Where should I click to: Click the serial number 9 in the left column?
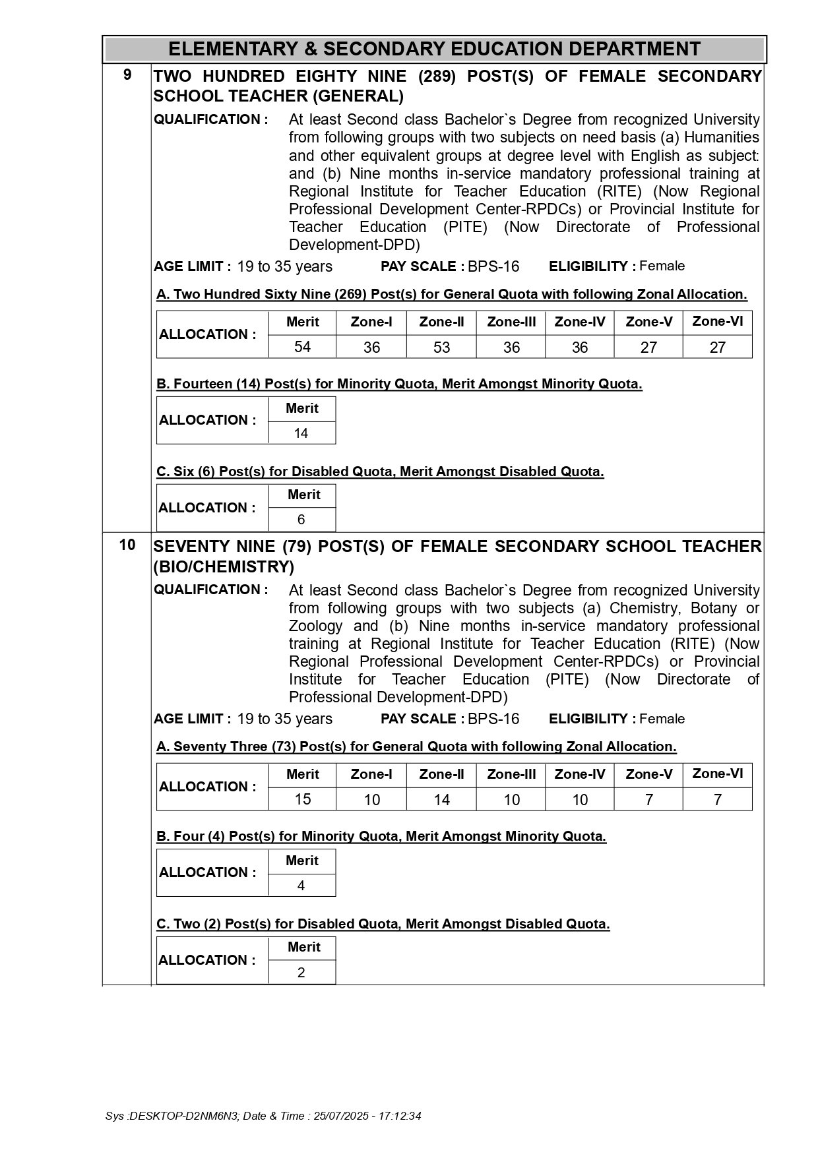click(127, 75)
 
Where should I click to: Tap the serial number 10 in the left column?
click(127, 545)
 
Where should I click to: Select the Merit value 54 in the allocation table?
click(302, 347)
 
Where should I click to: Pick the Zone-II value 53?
click(441, 348)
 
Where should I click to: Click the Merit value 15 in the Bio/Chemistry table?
click(302, 799)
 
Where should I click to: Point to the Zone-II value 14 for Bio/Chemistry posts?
click(441, 800)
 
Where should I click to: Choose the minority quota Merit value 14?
click(301, 433)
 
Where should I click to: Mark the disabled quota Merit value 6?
click(301, 520)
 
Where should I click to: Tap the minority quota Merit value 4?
click(301, 886)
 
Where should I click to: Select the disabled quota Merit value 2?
click(301, 973)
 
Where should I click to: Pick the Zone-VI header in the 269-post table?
click(717, 321)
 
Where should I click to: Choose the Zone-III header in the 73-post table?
click(511, 774)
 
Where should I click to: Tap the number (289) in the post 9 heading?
click(437, 76)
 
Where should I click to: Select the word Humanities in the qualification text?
click(722, 137)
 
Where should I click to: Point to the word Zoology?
click(315, 626)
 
